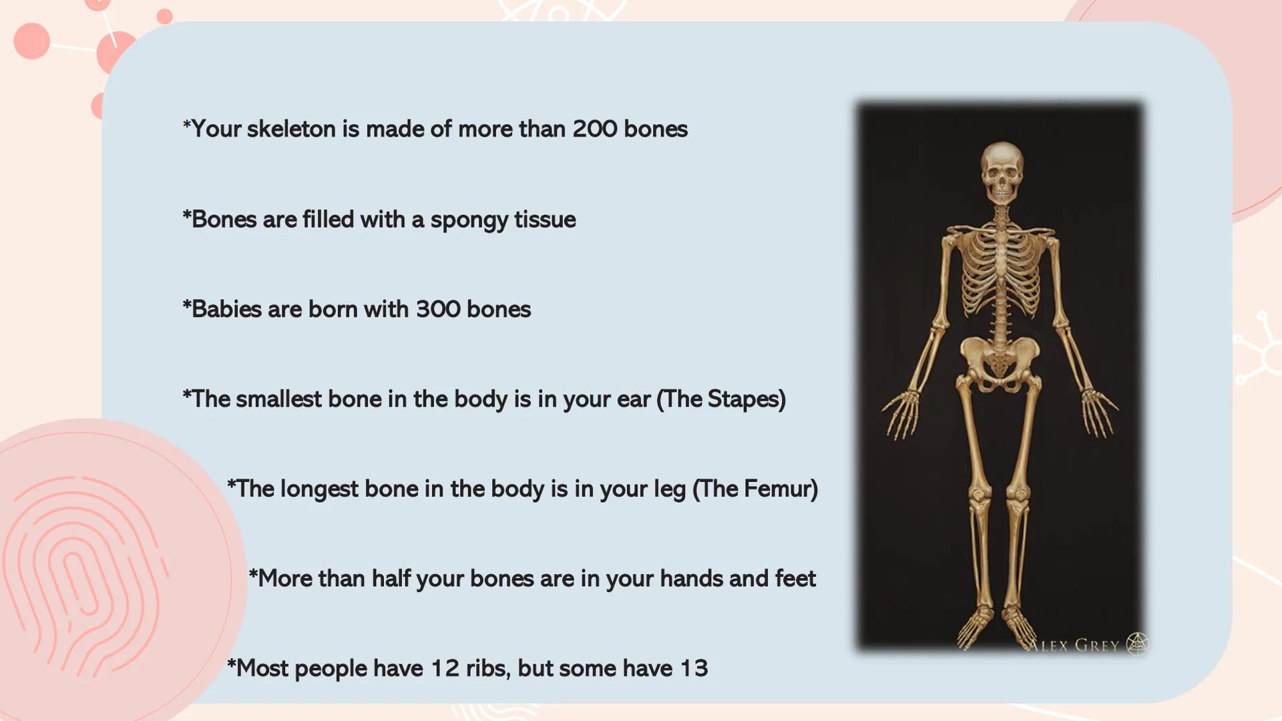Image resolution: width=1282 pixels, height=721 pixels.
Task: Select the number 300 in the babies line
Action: [x=438, y=309]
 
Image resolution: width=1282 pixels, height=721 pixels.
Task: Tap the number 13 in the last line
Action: [x=694, y=668]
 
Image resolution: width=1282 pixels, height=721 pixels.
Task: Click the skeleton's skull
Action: [x=1001, y=172]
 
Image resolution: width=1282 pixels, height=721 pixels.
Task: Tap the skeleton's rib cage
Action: [x=1000, y=274]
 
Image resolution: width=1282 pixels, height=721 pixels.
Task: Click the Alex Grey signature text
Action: [x=1073, y=646]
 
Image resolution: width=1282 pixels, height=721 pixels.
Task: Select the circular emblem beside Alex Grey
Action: [x=1136, y=644]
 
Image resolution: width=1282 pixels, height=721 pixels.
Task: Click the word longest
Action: [x=319, y=489]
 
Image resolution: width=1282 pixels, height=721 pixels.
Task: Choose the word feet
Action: [x=795, y=578]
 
